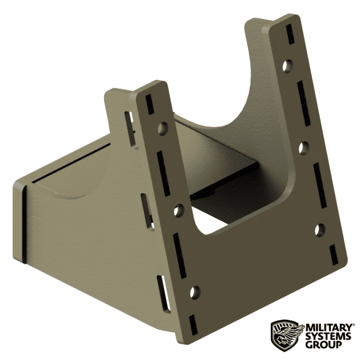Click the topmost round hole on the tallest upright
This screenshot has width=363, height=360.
287,66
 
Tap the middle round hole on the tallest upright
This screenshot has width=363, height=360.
304,148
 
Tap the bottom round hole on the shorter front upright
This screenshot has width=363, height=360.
195,292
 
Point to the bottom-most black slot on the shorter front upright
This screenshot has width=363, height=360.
192,323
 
